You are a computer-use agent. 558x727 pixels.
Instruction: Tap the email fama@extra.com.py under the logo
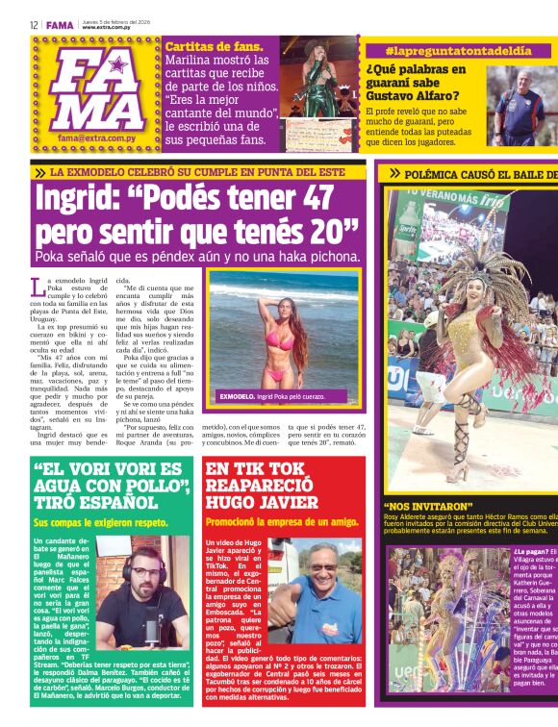pos(94,138)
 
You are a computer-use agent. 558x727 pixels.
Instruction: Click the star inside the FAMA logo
pos(119,66)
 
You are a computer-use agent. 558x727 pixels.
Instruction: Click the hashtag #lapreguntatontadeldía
pos(444,49)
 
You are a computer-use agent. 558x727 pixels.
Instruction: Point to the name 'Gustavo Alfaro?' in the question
pos(413,95)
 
